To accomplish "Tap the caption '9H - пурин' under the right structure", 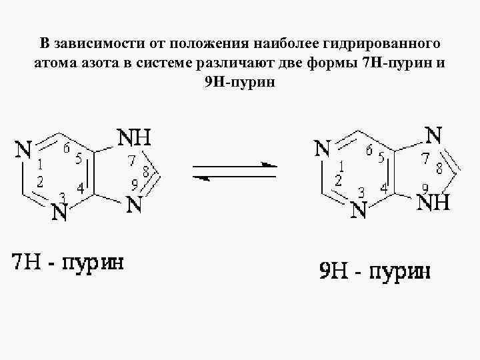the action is pyautogui.click(x=373, y=271).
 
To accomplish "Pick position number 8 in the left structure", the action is pyautogui.click(x=145, y=171).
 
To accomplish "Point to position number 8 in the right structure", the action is pyautogui.click(x=439, y=167).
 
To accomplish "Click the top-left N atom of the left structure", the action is pyautogui.click(x=23, y=149).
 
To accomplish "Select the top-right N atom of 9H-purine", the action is pyautogui.click(x=433, y=135).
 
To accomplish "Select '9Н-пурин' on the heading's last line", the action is pyautogui.click(x=241, y=82).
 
